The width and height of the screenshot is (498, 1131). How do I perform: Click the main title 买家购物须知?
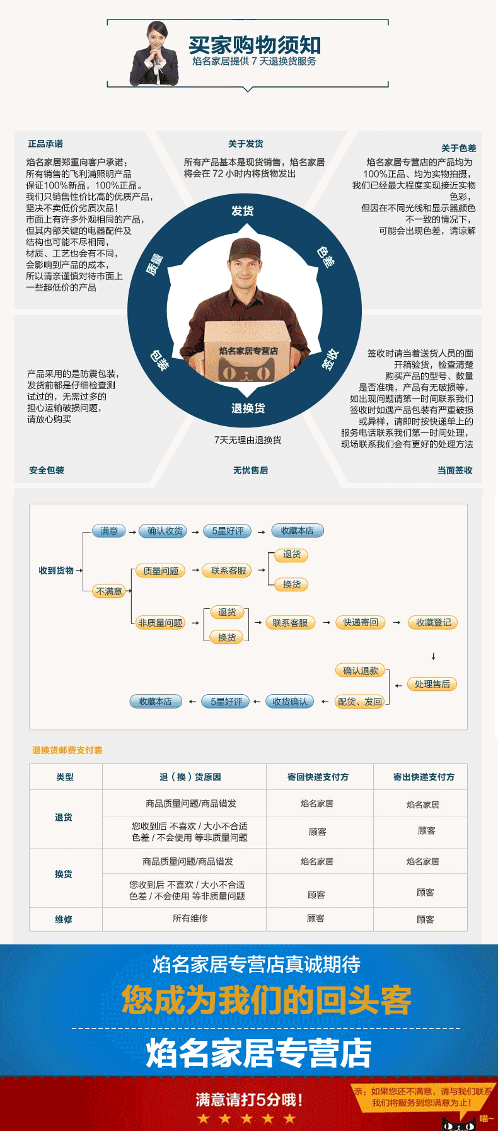pos(255,45)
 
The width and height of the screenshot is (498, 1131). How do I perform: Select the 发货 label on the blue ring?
pos(243,211)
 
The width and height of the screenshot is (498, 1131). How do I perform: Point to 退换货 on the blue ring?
pos(248,409)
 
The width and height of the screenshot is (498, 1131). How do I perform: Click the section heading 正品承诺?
pos(45,144)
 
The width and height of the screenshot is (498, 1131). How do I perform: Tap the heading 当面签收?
pos(455,470)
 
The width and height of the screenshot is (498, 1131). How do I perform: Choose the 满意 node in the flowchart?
pos(109,531)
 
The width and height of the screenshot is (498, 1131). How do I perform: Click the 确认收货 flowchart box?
pos(165,531)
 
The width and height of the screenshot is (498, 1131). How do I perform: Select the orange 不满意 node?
pos(109,591)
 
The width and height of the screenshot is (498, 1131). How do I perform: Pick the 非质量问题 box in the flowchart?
pos(161,623)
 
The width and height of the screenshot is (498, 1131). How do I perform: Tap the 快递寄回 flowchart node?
pos(361,622)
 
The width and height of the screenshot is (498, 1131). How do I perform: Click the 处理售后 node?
pos(432,684)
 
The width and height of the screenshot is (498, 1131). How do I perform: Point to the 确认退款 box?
pos(361,671)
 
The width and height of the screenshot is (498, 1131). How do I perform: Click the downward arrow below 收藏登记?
pos(433,656)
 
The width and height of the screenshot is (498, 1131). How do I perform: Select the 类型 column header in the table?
pos(65,777)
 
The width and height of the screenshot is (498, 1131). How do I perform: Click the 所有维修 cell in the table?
pos(190,919)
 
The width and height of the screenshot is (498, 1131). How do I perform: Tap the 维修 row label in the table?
pos(64,920)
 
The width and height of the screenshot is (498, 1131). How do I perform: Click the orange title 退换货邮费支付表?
pos(67,750)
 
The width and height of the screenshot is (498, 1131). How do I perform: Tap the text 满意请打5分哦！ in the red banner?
pos(250,1100)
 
